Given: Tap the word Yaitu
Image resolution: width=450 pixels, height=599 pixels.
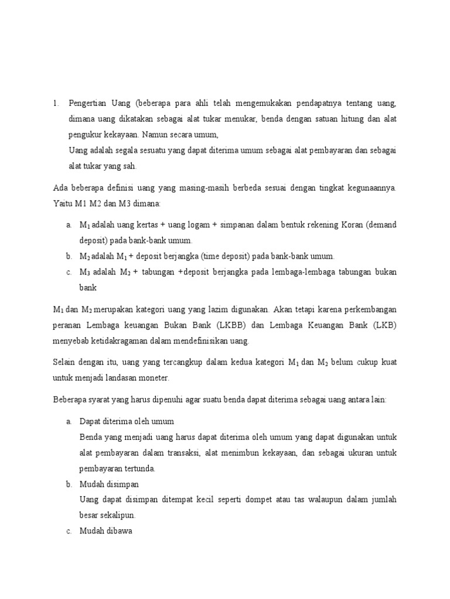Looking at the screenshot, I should tap(62, 204).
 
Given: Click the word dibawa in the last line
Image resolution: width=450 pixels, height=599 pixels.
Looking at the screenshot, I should tap(121, 533).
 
